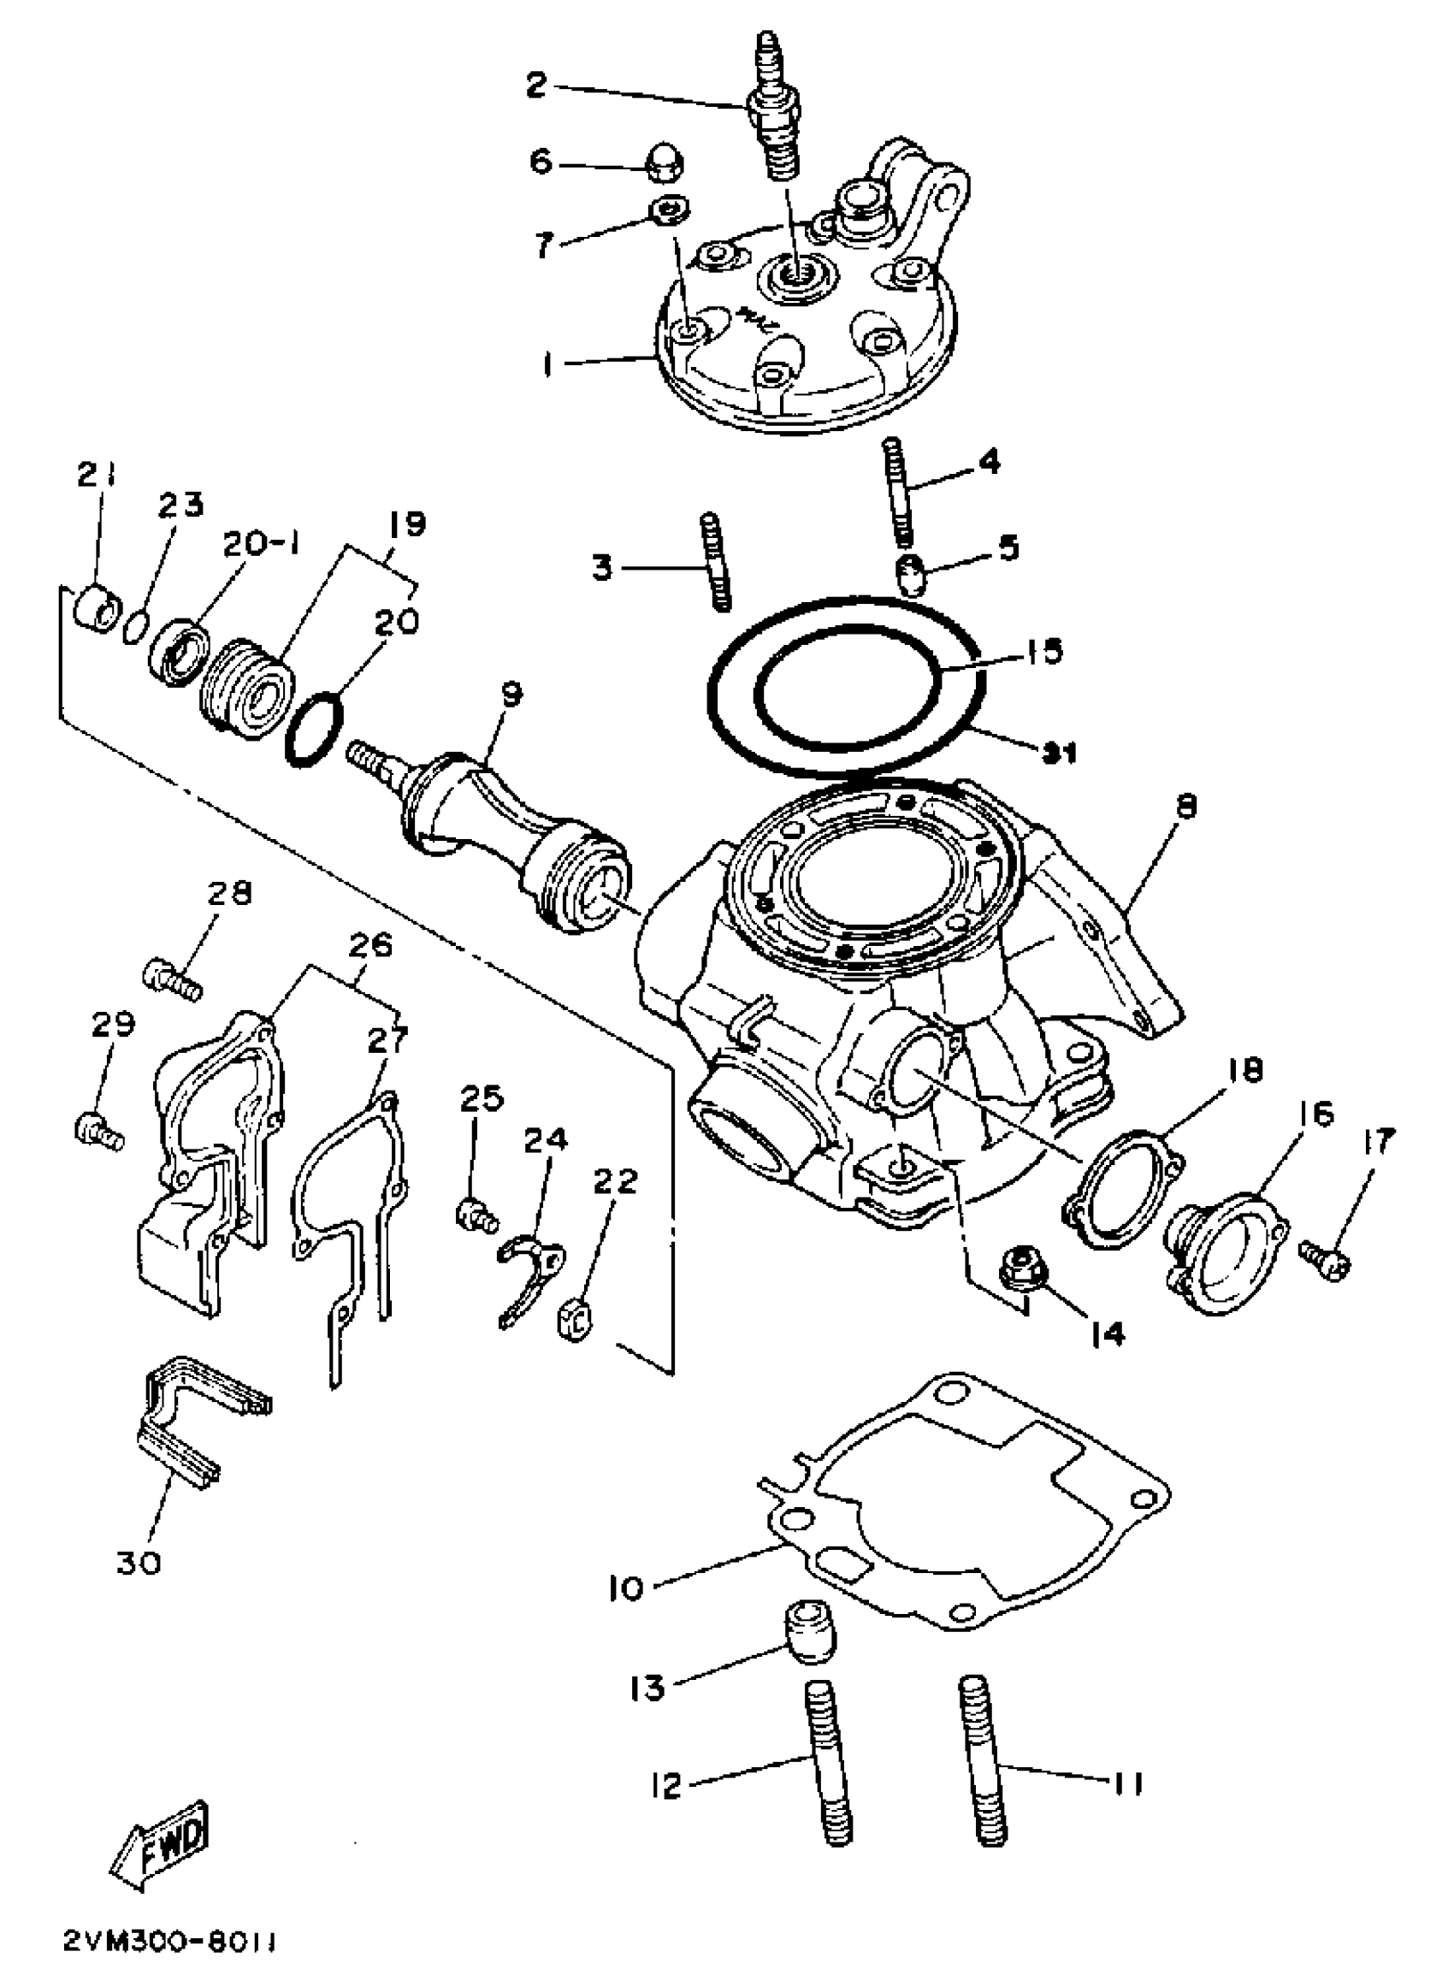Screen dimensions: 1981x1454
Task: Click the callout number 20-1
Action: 261,547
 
